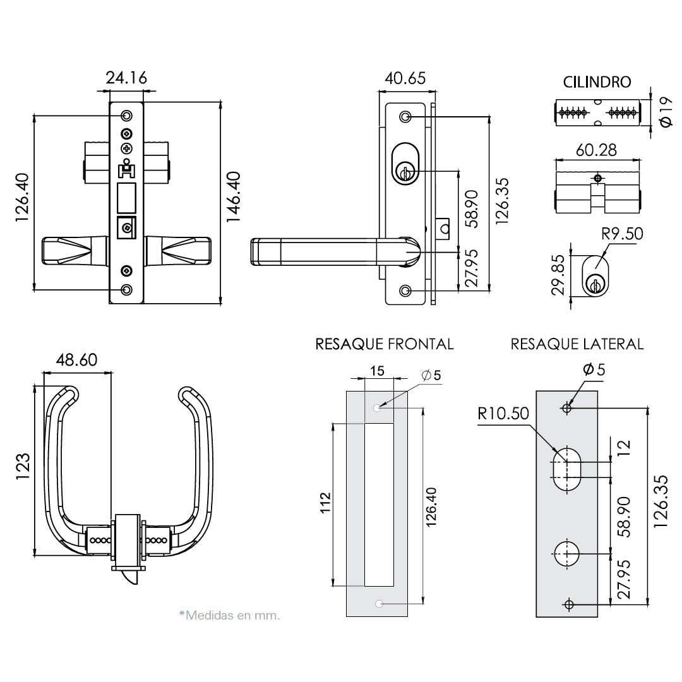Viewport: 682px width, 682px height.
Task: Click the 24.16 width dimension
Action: [126, 78]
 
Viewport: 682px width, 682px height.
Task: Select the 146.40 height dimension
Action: [234, 196]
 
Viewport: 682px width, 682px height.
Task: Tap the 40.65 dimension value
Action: [405, 78]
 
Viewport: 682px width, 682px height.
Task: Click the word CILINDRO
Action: [597, 82]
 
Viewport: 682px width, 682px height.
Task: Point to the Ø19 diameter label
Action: [665, 112]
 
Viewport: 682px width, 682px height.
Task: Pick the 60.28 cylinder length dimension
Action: [596, 150]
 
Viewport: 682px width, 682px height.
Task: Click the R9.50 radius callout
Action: [622, 234]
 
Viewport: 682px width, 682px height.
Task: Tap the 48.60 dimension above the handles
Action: [76, 360]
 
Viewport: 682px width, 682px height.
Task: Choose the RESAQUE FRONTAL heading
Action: [384, 344]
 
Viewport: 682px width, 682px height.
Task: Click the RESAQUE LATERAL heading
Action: [577, 344]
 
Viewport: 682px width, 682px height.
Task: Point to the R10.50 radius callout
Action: [503, 414]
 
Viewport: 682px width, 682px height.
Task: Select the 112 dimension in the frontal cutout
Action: [325, 505]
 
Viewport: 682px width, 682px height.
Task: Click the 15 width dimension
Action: [377, 371]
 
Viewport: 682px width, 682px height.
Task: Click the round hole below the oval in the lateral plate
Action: [567, 554]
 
